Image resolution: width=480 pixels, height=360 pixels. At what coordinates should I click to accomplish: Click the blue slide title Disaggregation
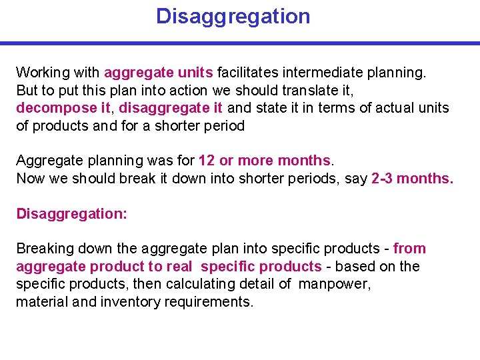coord(233,16)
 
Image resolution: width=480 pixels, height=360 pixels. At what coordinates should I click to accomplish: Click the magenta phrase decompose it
coord(63,108)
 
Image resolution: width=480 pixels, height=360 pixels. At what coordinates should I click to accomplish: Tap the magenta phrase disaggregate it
coord(171,108)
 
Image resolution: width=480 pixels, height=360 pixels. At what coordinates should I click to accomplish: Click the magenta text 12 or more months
coord(265,161)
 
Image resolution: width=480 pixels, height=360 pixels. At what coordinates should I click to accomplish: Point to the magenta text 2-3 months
coord(412,179)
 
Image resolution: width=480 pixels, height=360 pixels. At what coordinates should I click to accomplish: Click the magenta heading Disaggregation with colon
coord(71,213)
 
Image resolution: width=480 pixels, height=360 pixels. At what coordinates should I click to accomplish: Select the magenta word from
coord(409,249)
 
